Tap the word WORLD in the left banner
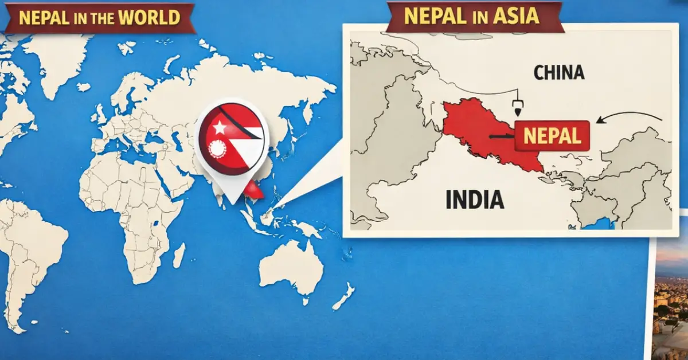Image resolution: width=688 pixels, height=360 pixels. coord(151,17)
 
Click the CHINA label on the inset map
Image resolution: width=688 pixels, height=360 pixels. coord(558,73)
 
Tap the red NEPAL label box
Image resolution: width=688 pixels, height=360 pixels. coord(552,135)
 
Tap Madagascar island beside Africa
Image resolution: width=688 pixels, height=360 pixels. coord(179,255)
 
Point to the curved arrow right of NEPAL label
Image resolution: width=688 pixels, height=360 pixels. coord(628,117)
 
